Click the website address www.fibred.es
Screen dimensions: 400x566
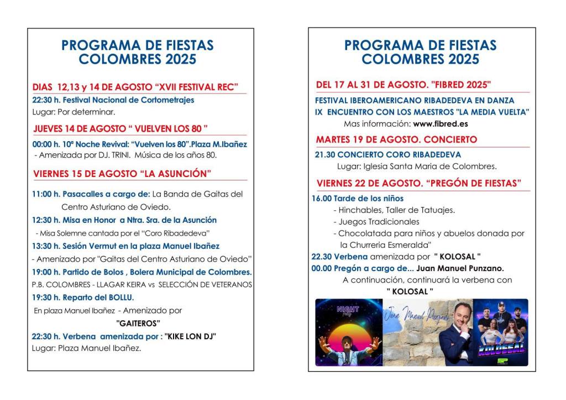[440, 123]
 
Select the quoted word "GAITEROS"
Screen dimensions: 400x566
[138, 323]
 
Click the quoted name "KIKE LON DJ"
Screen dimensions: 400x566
[190, 336]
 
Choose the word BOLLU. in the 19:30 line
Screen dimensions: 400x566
[122, 298]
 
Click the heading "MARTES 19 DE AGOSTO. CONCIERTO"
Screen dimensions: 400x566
[396, 139]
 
